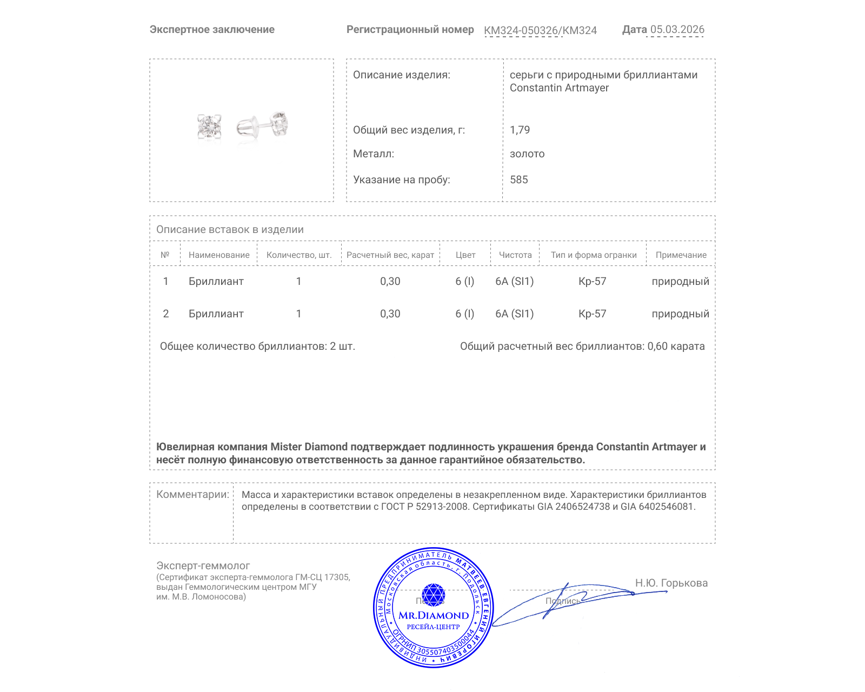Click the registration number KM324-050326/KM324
540,30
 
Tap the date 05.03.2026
677,30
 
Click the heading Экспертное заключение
212,30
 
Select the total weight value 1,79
520,130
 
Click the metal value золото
527,154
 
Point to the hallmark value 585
518,179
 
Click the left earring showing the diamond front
209,127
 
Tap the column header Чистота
515,255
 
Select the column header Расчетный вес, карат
390,255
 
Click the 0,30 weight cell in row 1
390,281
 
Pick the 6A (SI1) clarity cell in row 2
514,314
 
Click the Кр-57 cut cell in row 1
592,281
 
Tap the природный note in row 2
680,314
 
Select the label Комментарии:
192,494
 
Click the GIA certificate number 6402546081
666,507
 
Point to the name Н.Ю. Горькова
671,583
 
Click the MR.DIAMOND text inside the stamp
434,615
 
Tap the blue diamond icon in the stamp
433,595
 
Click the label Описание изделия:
401,75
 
